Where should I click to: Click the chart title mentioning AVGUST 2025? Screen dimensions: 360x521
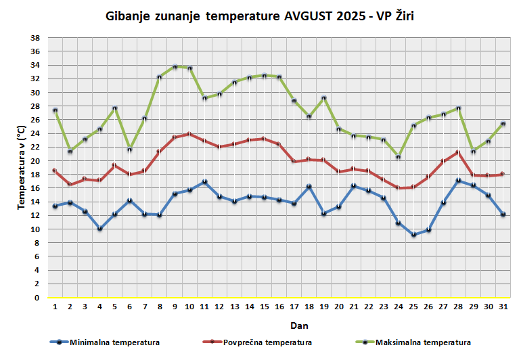point(260,16)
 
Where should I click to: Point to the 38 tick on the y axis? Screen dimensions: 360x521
point(36,38)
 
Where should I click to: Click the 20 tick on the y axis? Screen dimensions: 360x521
point(36,161)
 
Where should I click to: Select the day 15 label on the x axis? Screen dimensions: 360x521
point(265,307)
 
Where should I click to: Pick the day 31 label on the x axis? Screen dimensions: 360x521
point(503,307)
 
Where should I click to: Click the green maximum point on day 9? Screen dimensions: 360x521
point(175,67)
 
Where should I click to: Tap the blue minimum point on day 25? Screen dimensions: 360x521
point(414,235)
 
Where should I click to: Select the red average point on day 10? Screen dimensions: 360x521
point(190,134)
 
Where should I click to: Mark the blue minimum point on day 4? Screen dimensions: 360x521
point(100,229)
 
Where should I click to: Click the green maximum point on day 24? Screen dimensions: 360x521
point(399,157)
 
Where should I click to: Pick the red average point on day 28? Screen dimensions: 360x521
point(459,152)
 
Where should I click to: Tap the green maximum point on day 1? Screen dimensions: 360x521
point(55,110)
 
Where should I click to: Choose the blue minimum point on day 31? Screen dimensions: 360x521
point(503,215)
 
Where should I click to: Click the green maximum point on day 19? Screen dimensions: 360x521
point(324,98)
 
